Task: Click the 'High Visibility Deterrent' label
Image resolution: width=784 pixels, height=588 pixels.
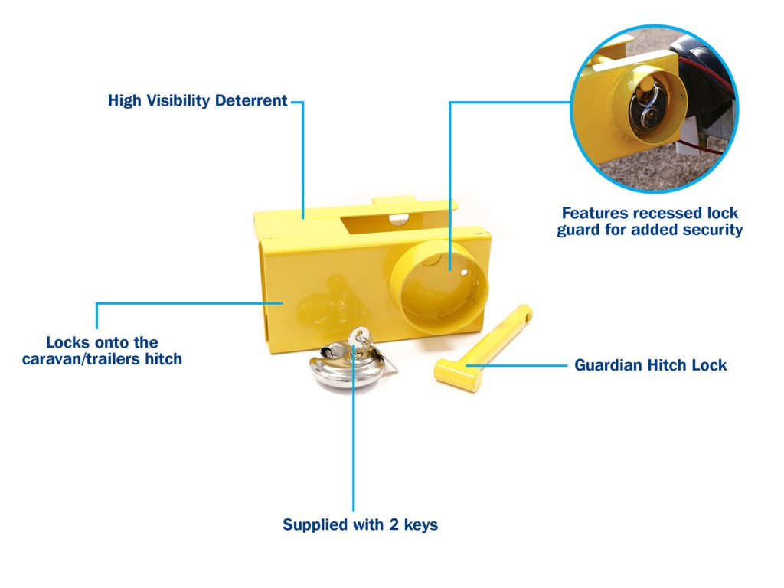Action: click(198, 100)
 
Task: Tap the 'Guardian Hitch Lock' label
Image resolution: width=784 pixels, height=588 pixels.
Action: click(650, 365)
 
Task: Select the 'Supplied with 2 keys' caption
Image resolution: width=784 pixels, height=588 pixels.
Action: click(360, 524)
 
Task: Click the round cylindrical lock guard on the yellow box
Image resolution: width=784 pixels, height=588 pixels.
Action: click(438, 287)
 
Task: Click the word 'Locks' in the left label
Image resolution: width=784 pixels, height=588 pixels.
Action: click(67, 342)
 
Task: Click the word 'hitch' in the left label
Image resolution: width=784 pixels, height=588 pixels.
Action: click(164, 358)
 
